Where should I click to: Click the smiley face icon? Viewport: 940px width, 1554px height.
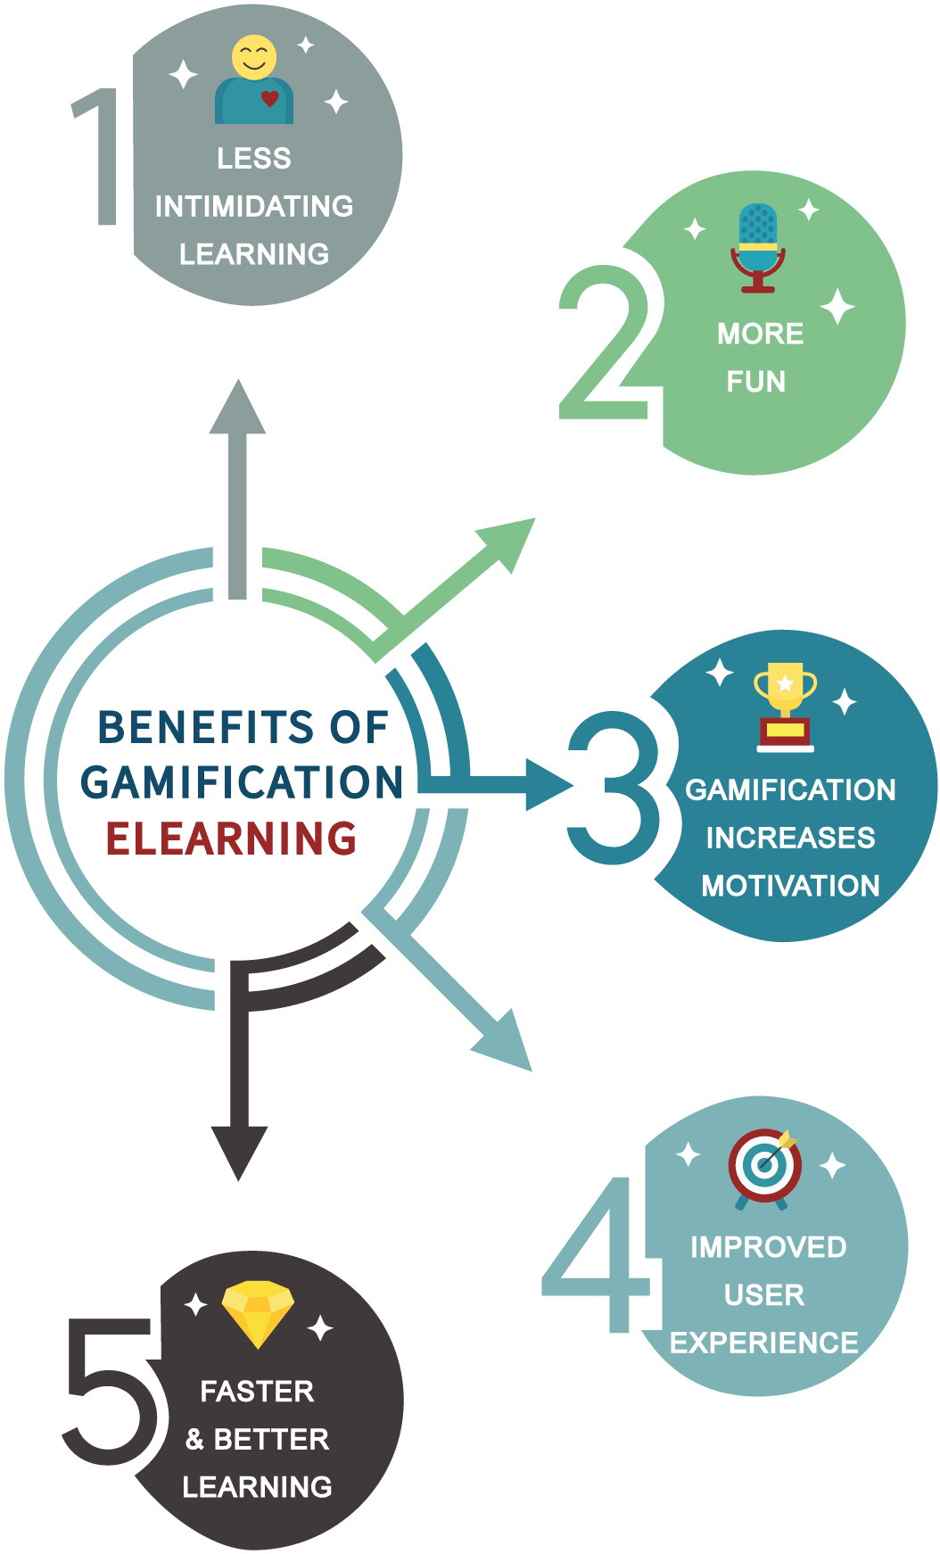point(254,57)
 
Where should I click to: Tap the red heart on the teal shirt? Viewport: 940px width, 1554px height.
point(269,98)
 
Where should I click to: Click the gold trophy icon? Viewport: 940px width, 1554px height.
point(785,706)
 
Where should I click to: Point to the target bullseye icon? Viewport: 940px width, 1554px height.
point(764,1169)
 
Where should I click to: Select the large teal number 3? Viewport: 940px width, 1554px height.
point(614,787)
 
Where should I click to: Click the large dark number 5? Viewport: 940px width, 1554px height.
point(111,1392)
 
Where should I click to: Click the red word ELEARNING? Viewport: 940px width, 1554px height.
point(232,839)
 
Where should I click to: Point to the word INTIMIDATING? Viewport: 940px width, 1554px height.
point(254,206)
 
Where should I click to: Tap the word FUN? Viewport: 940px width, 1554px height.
point(756,382)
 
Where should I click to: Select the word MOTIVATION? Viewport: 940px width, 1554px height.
point(790,885)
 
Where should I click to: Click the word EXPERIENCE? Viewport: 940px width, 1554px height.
point(764,1342)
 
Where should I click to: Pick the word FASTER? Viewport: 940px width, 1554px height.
point(257,1391)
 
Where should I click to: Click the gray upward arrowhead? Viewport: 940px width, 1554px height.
point(237,407)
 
